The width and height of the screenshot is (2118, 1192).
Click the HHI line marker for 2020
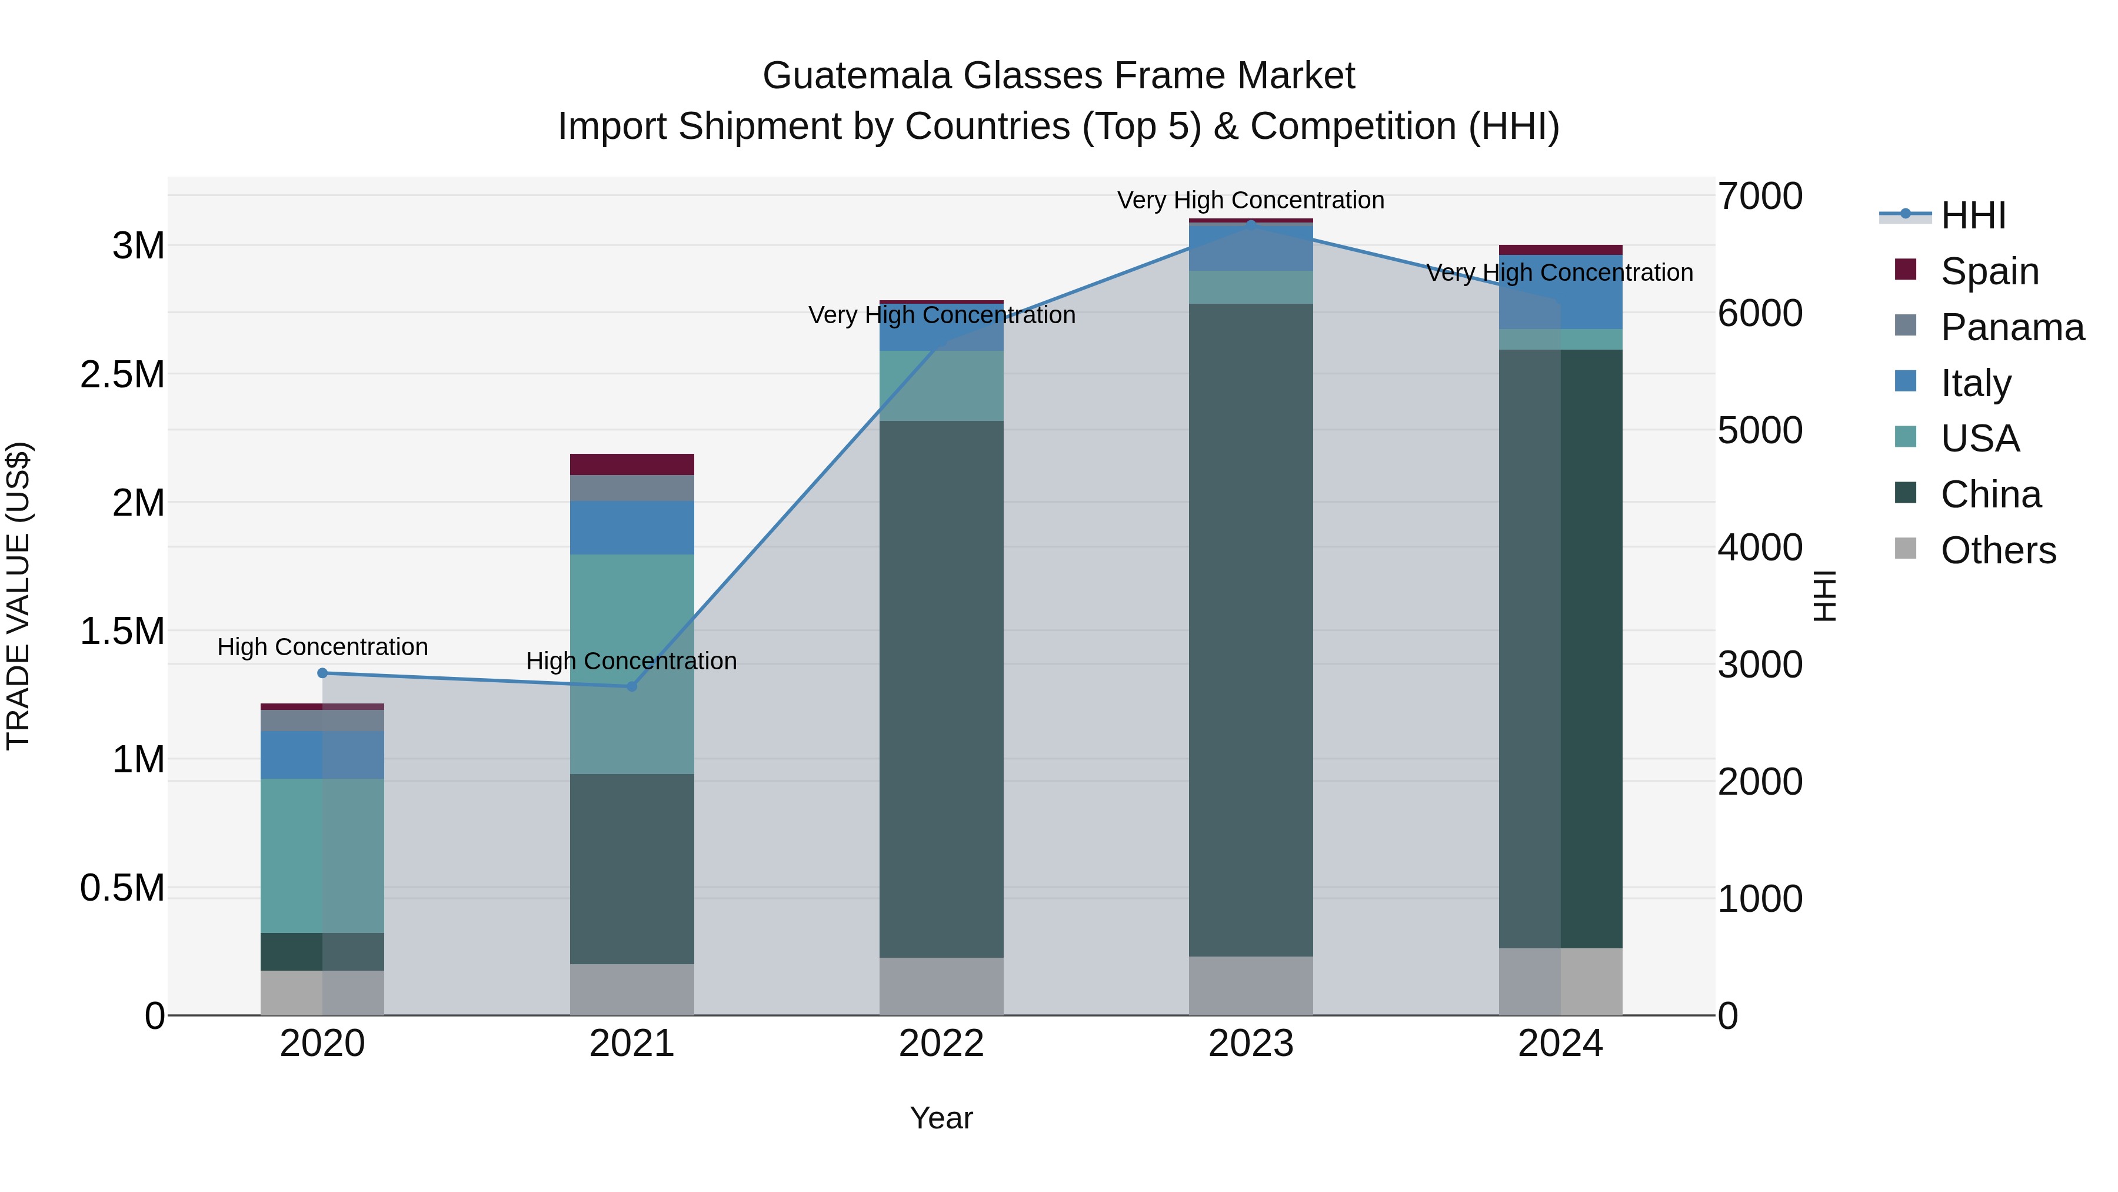coord(322,673)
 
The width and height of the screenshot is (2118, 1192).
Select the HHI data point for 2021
coord(631,686)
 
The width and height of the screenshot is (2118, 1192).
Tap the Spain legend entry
coord(1989,271)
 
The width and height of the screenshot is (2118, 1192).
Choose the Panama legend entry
coord(2012,327)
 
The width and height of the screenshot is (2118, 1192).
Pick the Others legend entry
coord(1997,550)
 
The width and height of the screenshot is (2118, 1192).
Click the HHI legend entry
coord(1973,215)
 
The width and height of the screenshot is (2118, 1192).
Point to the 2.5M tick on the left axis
coord(122,374)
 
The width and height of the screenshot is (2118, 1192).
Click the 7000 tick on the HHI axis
coord(1760,196)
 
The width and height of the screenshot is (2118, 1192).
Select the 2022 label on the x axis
coord(941,1043)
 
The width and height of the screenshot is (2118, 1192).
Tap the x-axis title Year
coord(941,1118)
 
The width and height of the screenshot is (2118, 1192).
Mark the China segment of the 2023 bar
coord(1251,629)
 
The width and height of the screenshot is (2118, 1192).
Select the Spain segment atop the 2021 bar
coord(631,464)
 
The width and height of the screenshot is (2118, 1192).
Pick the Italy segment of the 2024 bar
coord(1560,292)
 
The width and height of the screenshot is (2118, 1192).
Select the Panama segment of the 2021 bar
coord(631,488)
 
